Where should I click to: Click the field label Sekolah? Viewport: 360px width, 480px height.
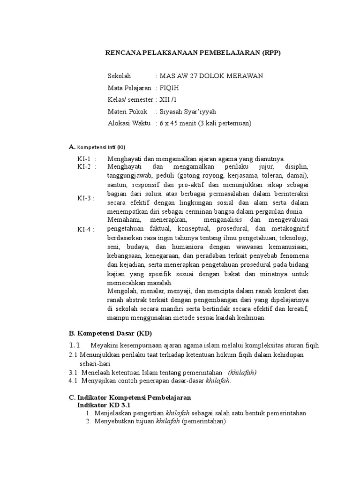(x=120, y=76)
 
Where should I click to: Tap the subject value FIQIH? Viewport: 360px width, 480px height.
(x=169, y=88)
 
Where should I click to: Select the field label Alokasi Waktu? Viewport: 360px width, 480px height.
(x=129, y=123)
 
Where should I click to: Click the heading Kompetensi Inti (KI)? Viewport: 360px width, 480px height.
(x=101, y=147)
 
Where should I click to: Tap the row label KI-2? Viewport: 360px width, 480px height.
(x=86, y=166)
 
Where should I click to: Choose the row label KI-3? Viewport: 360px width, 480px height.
(x=86, y=198)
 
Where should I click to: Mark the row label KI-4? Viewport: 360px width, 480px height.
(x=86, y=229)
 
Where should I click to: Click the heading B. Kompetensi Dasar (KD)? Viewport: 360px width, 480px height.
(x=107, y=334)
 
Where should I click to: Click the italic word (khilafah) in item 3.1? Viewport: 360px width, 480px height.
(x=242, y=372)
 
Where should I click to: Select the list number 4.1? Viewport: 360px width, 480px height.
(x=73, y=381)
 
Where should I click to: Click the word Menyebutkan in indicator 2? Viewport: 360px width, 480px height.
(x=113, y=422)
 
